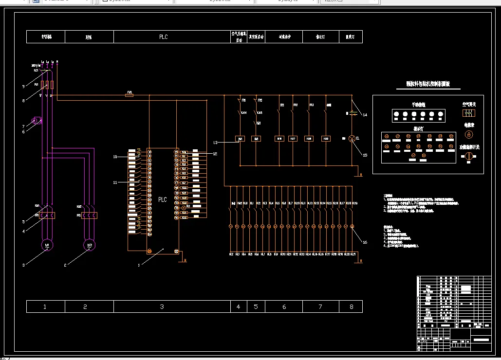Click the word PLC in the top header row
coord(164,37)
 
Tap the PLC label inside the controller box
coord(163,200)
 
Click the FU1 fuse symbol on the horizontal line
coord(130,95)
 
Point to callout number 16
coord(365,242)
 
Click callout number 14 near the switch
coord(365,115)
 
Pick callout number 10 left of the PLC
coord(115,157)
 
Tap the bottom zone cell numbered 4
coord(238,306)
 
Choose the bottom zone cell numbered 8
coord(352,306)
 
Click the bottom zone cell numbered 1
coord(45,306)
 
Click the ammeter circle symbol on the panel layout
coord(468,134)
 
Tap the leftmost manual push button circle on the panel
coord(396,114)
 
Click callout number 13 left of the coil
coord(215,143)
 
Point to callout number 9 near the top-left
coord(23,87)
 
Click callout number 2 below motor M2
coord(65,265)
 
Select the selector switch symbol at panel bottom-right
coord(469,156)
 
